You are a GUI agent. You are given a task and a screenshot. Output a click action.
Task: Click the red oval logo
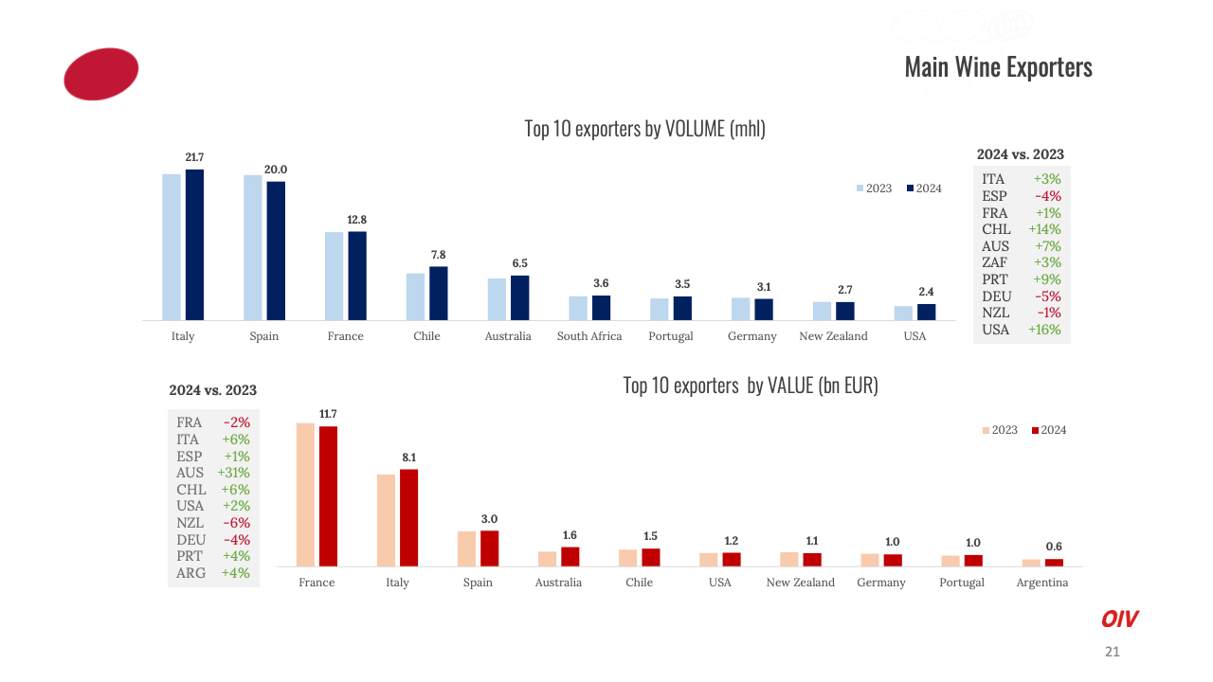click(x=101, y=74)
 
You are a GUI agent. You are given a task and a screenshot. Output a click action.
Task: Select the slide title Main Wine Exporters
click(x=998, y=67)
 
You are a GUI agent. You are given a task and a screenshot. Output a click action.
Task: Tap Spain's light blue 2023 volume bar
click(x=253, y=247)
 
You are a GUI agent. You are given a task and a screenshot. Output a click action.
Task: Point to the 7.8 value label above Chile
click(x=438, y=255)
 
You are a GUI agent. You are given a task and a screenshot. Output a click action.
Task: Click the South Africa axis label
click(x=589, y=336)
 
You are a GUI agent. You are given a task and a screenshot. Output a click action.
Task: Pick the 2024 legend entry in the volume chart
click(x=924, y=188)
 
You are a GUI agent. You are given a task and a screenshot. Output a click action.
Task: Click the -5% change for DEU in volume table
click(x=1047, y=296)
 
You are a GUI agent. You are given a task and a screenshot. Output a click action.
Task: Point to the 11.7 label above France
click(x=328, y=414)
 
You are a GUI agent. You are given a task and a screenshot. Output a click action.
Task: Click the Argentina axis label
click(x=1041, y=583)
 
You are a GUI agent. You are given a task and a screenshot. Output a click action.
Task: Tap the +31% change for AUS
click(x=233, y=473)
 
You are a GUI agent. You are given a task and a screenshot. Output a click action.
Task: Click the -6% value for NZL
click(x=236, y=523)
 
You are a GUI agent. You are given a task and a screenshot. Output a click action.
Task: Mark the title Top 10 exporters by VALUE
click(x=751, y=386)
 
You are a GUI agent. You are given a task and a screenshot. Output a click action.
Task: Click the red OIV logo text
click(x=1119, y=619)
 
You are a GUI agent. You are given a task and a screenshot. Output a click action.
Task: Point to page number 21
click(x=1113, y=652)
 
